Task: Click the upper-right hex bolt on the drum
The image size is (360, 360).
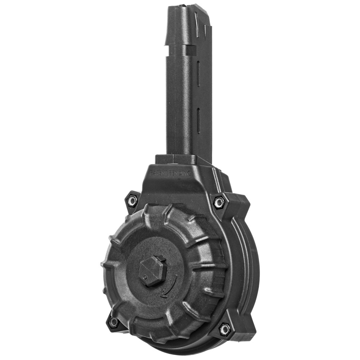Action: point(219,202)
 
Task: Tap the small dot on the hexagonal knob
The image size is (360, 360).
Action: point(145,277)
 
